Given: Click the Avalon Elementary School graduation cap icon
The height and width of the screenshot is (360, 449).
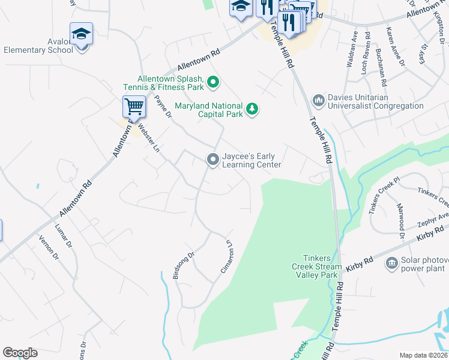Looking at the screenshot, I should tap(81, 35).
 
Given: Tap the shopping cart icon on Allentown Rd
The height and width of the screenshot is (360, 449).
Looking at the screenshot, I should tap(134, 107).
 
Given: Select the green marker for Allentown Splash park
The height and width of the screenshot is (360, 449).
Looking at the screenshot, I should tap(212, 82).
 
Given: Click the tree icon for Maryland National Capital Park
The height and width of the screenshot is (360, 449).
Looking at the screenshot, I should tap(253, 108).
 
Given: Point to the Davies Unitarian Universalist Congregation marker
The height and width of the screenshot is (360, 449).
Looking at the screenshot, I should tap(319, 100).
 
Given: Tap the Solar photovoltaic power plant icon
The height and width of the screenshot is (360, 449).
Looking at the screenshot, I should tap(392, 262).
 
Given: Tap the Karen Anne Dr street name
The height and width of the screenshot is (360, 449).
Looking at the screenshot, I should tap(393, 42).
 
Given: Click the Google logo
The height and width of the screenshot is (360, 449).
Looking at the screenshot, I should tap(20, 353).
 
